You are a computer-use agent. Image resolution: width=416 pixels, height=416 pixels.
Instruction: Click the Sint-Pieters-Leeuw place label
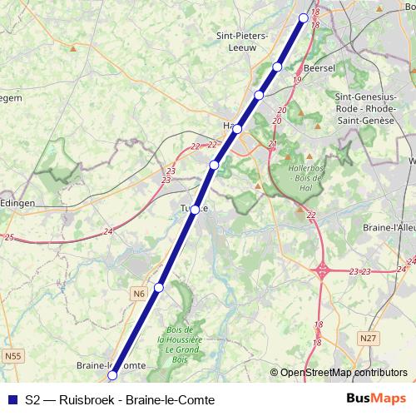(x=241, y=42)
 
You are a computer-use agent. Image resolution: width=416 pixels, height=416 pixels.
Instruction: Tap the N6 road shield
(x=138, y=293)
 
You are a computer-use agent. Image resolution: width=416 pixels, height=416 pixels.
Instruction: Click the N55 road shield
(x=12, y=356)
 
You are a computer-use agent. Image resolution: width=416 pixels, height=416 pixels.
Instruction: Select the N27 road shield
(x=369, y=338)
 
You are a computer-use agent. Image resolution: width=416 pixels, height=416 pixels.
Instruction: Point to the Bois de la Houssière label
(x=180, y=341)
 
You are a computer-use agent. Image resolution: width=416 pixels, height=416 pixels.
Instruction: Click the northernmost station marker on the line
(x=304, y=17)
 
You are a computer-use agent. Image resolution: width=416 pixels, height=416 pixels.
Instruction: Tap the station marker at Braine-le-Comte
(x=112, y=375)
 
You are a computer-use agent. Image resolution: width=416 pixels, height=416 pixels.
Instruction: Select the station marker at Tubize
(x=195, y=210)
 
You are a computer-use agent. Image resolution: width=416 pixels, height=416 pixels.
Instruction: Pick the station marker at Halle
(x=237, y=129)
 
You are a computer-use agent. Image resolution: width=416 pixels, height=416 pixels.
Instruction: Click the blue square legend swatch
(x=12, y=400)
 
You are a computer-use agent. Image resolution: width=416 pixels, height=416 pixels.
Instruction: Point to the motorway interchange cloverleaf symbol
(x=322, y=270)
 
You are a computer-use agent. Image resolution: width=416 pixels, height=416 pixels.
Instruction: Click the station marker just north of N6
(x=159, y=288)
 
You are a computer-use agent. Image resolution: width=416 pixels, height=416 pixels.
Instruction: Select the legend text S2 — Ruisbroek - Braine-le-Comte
(x=120, y=400)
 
